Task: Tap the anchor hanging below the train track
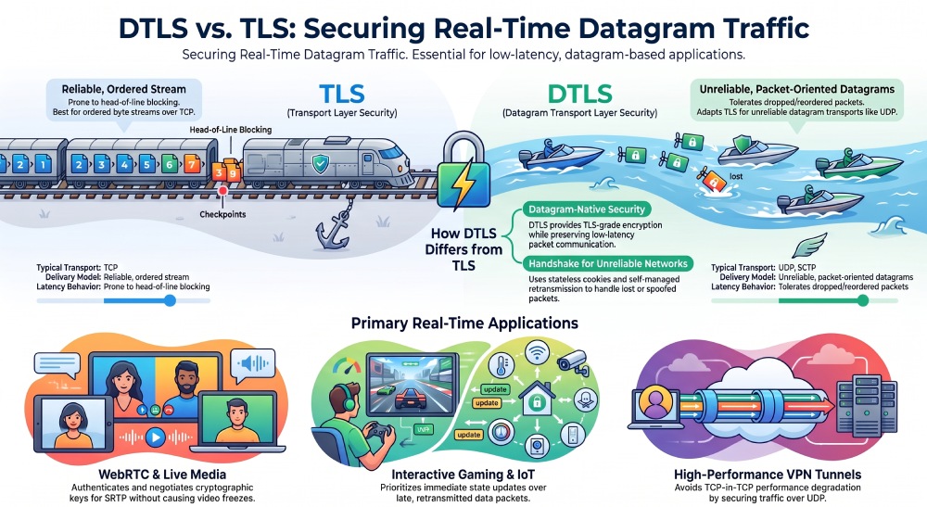pyautogui.click(x=334, y=228)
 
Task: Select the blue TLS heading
pyautogui.click(x=342, y=94)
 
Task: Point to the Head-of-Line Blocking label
pyautogui.click(x=231, y=130)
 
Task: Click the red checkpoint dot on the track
pyautogui.click(x=222, y=191)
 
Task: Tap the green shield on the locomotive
pyautogui.click(x=320, y=163)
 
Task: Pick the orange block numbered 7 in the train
pyautogui.click(x=192, y=164)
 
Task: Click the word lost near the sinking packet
pyautogui.click(x=736, y=176)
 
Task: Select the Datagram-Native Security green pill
pyautogui.click(x=587, y=209)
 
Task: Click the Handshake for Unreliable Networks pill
pyautogui.click(x=608, y=263)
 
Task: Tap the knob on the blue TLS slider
pyautogui.click(x=170, y=301)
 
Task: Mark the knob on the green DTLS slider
pyautogui.click(x=862, y=301)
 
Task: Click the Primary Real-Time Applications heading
pyautogui.click(x=464, y=323)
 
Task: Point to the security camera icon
pyautogui.click(x=573, y=361)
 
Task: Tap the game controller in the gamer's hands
pyautogui.click(x=376, y=430)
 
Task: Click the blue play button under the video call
pyautogui.click(x=155, y=437)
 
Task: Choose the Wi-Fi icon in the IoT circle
pyautogui.click(x=538, y=353)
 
